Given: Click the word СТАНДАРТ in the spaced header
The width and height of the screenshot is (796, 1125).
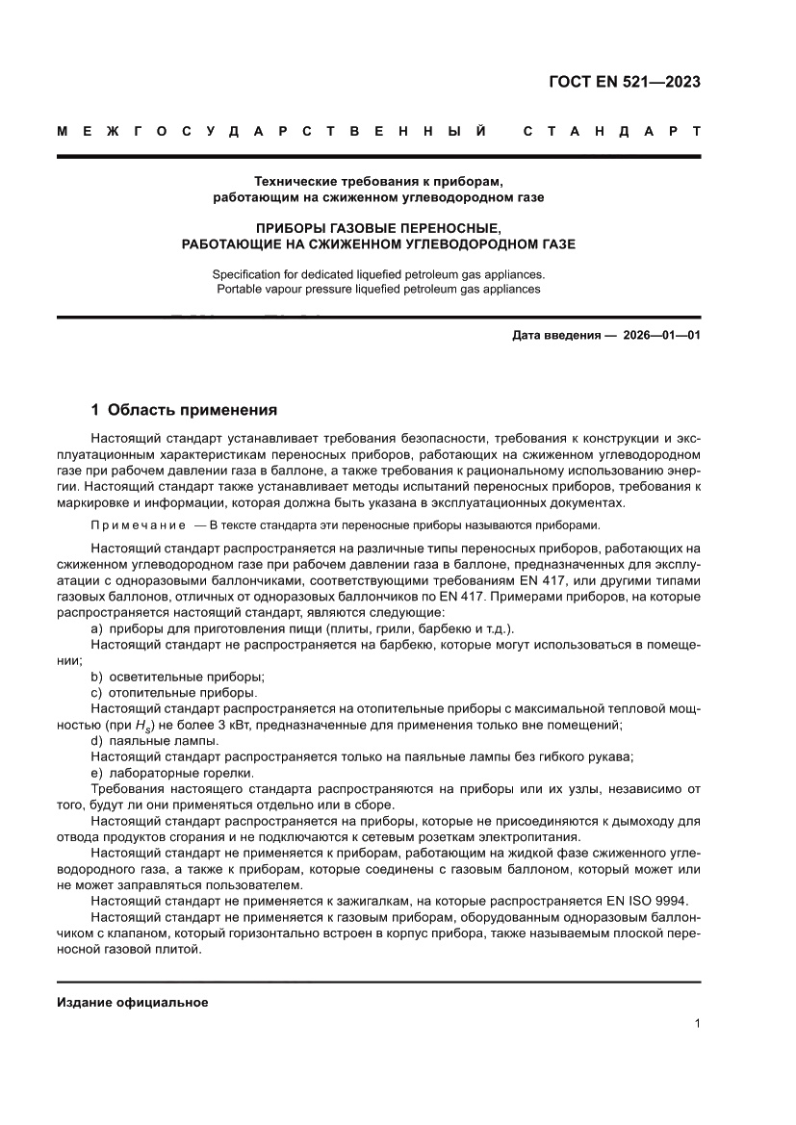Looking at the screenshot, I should [x=611, y=131].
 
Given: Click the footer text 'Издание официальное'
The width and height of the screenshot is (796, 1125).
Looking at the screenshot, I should [x=132, y=1003].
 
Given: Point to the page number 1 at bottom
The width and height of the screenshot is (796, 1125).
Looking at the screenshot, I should [x=696, y=1025].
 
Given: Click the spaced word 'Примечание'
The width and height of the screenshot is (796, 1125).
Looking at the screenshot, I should [x=138, y=525].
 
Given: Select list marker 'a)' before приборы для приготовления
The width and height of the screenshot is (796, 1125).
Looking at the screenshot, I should [x=96, y=628].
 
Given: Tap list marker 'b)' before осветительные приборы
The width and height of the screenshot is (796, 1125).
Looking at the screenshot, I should [x=96, y=677].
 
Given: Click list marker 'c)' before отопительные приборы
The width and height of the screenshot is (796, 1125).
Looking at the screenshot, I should [x=96, y=692].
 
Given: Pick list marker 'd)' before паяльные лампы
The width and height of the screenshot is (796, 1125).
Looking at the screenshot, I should [x=96, y=740].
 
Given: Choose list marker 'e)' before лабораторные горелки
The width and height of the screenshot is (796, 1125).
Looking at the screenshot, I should [x=96, y=772].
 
